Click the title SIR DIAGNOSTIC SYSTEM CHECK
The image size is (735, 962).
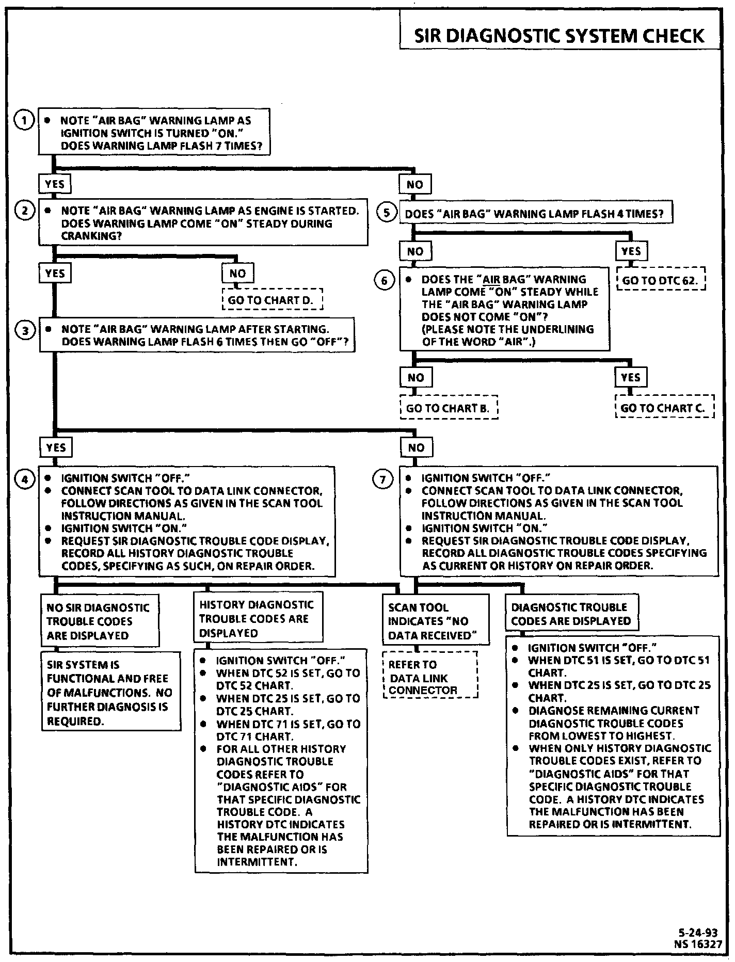pos(560,36)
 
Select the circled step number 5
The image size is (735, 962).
pos(386,212)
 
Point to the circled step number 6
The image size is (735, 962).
pos(384,281)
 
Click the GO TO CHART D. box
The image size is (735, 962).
pos(272,300)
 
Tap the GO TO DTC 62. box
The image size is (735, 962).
pos(661,281)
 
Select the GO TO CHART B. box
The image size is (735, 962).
pos(448,408)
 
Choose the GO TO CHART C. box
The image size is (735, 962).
pos(664,408)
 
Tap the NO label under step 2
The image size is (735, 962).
pos(237,274)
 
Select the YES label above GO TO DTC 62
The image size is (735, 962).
pos(631,251)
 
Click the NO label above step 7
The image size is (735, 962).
pos(416,447)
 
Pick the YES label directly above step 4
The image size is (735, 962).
pos(55,447)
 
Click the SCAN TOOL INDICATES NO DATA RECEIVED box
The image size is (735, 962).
pos(435,621)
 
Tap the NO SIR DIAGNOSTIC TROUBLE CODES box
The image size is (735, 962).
pos(99,621)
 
